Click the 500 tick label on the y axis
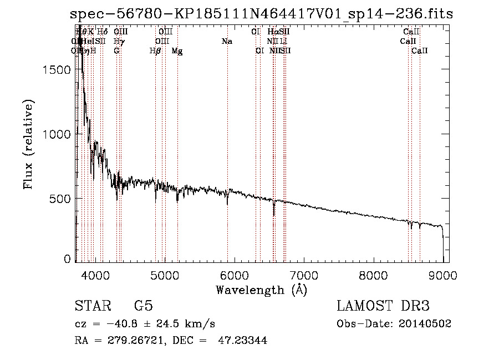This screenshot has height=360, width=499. tap(61, 199)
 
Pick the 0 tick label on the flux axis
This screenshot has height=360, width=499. tap(68, 259)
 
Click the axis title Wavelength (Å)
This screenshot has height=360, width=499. tap(261, 290)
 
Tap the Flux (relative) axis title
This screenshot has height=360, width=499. tap(28, 144)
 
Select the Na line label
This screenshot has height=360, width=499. tap(226, 41)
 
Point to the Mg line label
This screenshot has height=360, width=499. tap(177, 51)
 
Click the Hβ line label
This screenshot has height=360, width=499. tap(155, 51)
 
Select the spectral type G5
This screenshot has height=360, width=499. tap(143, 306)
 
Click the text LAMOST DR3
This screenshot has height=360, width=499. tap(383, 306)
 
